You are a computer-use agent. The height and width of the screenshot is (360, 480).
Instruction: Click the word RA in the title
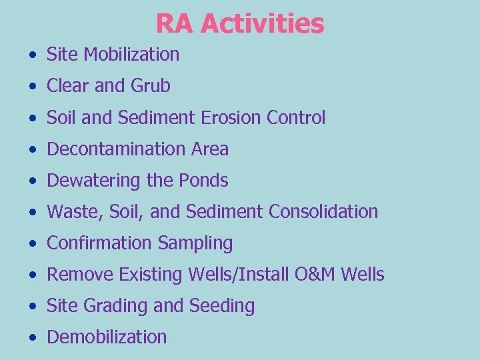[x=175, y=24]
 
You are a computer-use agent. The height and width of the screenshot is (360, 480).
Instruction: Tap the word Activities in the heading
[x=262, y=24]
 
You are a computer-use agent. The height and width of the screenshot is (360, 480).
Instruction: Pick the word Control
[x=296, y=118]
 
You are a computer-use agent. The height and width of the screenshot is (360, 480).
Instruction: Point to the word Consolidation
[x=323, y=212]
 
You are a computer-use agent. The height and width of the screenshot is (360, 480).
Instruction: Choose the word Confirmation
[x=99, y=243]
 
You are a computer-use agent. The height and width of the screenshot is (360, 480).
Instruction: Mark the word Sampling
[x=195, y=243]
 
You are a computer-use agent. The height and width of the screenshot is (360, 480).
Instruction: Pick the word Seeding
[x=222, y=306]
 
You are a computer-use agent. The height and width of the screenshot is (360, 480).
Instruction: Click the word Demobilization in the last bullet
[x=107, y=337]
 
